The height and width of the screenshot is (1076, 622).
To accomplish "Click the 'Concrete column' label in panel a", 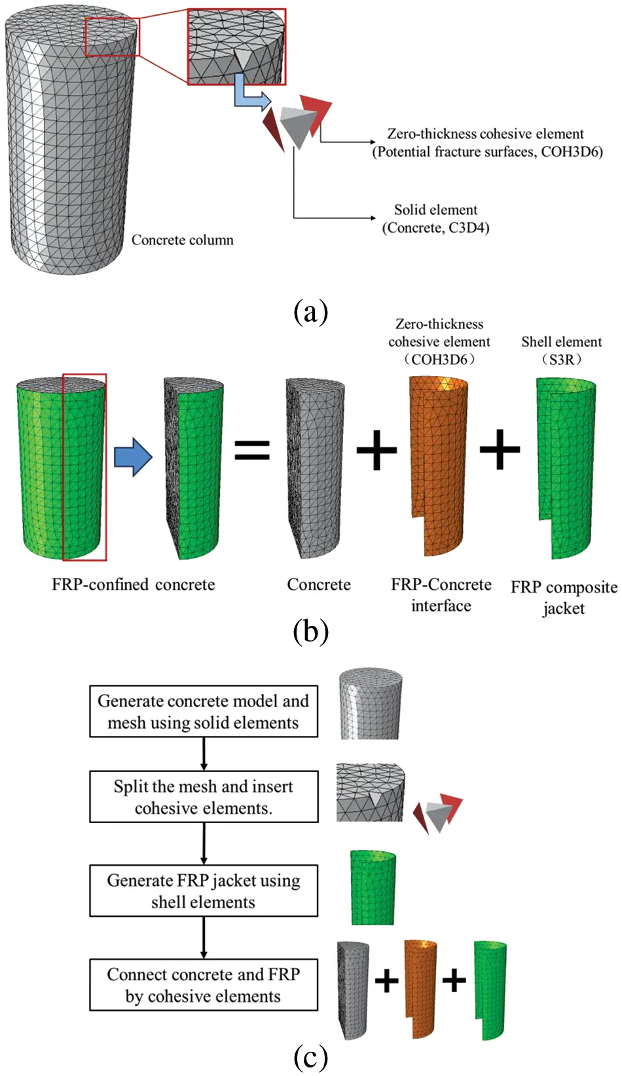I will (182, 240).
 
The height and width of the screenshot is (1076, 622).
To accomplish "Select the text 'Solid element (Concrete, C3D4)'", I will (435, 219).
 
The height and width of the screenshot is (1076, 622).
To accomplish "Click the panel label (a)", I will (310, 311).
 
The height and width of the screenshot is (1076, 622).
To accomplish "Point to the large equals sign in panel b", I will (252, 450).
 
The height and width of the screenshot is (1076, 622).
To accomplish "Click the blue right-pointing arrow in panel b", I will (133, 457).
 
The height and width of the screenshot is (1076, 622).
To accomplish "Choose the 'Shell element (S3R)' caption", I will (561, 351).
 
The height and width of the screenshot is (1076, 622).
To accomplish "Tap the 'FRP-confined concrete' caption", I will (133, 585).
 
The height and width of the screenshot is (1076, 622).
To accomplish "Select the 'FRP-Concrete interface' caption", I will (441, 595).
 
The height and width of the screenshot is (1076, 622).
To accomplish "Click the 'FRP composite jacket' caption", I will (563, 597).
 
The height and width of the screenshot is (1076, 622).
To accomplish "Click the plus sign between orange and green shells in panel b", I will (500, 450).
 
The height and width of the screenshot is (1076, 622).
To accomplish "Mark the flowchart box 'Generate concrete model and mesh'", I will (203, 712).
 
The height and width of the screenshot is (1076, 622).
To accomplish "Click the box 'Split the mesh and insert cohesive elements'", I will (203, 797).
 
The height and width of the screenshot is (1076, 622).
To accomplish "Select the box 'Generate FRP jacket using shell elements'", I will (203, 891).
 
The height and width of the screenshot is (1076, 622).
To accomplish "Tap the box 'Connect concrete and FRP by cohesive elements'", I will (203, 985).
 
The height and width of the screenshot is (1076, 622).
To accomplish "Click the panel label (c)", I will (310, 1056).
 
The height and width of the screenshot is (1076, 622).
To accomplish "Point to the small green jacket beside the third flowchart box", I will (373, 888).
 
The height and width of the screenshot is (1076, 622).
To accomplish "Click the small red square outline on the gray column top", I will (112, 37).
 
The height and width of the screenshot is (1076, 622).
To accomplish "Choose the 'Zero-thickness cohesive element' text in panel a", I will (485, 134).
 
